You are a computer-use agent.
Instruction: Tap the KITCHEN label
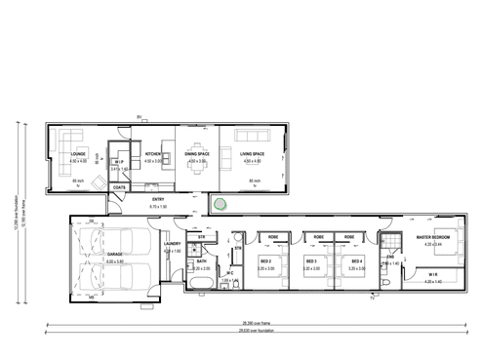(x=153, y=154)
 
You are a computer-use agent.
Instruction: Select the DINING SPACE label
(x=197, y=154)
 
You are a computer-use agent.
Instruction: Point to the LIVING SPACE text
(x=253, y=154)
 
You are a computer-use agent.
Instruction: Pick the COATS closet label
(x=118, y=186)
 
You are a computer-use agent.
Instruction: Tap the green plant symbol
(x=221, y=204)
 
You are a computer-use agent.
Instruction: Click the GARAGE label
(x=114, y=257)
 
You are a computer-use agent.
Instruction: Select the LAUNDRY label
(x=173, y=245)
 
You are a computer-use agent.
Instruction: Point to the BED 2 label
(x=266, y=261)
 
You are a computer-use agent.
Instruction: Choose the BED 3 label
(x=312, y=261)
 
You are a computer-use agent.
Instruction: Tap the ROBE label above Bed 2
(x=274, y=235)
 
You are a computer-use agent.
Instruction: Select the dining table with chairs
(x=197, y=166)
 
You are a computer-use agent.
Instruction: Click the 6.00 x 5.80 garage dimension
(x=114, y=262)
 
